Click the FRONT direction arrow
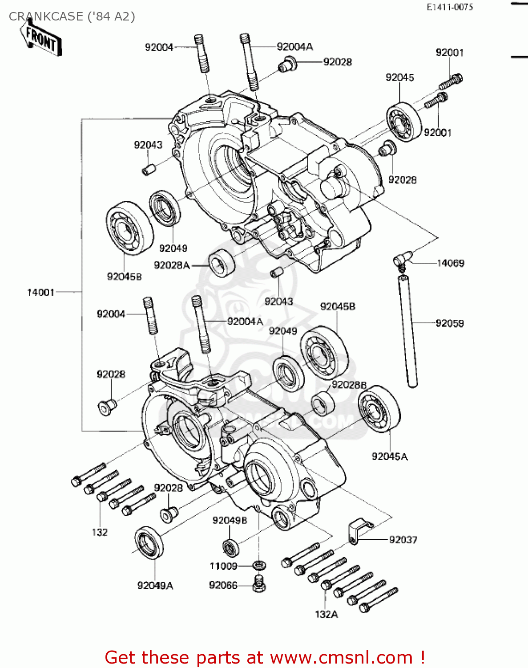pyautogui.click(x=41, y=39)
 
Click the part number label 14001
pyautogui.click(x=40, y=293)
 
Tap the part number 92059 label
pyautogui.click(x=450, y=323)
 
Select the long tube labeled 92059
pyautogui.click(x=408, y=331)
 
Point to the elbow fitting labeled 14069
pyautogui.click(x=403, y=259)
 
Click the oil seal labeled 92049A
pyautogui.click(x=149, y=542)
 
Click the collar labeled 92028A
pyautogui.click(x=222, y=263)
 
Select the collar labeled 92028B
pyautogui.click(x=322, y=403)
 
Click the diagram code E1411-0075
pyautogui.click(x=450, y=7)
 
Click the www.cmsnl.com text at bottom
pyautogui.click(x=342, y=657)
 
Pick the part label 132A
pyautogui.click(x=326, y=615)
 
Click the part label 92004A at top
pyautogui.click(x=294, y=47)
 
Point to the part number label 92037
pyautogui.click(x=403, y=540)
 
